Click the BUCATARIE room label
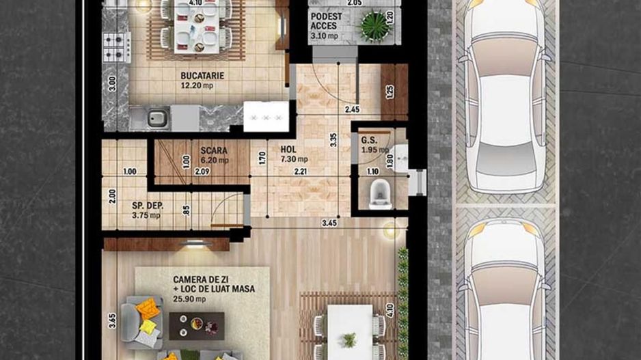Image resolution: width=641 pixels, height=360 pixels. [x=203, y=75]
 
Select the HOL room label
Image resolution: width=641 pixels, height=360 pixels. [x=288, y=148]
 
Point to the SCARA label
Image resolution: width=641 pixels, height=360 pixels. [x=214, y=150]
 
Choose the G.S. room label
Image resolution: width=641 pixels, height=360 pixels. [x=370, y=141]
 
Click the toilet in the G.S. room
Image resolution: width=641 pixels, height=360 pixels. [x=379, y=195]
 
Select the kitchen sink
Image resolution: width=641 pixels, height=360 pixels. [x=157, y=117]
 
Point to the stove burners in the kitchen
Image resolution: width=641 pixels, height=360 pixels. [x=116, y=47]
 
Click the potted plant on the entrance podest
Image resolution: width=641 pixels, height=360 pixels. [x=374, y=26]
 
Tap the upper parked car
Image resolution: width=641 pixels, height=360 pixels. [x=505, y=96]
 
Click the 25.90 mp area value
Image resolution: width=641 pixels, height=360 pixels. [x=186, y=299]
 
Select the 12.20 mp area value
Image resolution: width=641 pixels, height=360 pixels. [x=203, y=85]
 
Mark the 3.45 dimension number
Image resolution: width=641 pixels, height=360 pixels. [x=329, y=223]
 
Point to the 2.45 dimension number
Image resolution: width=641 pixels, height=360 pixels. [x=352, y=109]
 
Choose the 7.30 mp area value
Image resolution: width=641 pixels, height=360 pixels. [x=293, y=159]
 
